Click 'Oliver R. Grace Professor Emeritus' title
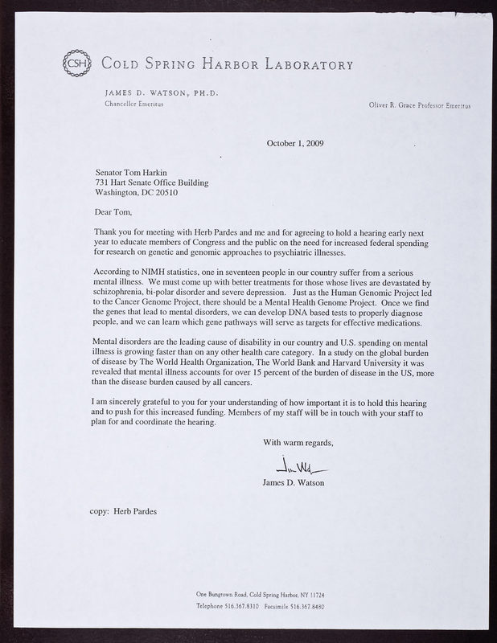point(420,105)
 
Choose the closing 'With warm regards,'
point(298,443)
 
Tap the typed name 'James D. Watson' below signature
point(298,482)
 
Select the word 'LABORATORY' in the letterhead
point(306,63)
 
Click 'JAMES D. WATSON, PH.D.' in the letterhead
point(162,92)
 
